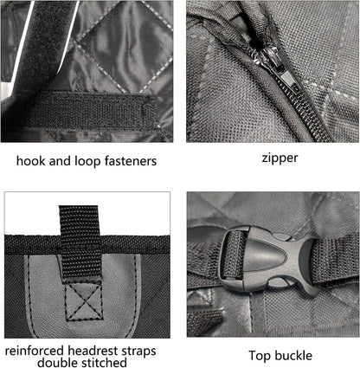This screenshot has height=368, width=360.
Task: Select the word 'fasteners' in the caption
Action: pyautogui.click(x=131, y=161)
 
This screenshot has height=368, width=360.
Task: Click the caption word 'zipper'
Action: pyautogui.click(x=280, y=158)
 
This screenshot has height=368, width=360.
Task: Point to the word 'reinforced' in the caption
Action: pyautogui.click(x=35, y=351)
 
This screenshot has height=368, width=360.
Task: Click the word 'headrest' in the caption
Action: pyautogui.click(x=93, y=351)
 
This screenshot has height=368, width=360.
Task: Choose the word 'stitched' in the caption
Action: pyautogui.click(x=104, y=363)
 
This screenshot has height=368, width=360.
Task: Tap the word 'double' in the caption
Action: pyautogui.click(x=58, y=363)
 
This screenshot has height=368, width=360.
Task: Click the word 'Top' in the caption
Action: pyautogui.click(x=259, y=356)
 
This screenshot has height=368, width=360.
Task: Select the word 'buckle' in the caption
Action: pyautogui.click(x=292, y=355)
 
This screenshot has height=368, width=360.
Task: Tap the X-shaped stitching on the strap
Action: pyautogui.click(x=84, y=301)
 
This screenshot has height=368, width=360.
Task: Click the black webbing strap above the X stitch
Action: pyautogui.click(x=80, y=242)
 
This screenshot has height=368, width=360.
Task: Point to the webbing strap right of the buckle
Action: pyautogui.click(x=336, y=258)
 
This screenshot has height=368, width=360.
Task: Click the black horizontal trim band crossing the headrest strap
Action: pyautogui.click(x=87, y=245)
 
